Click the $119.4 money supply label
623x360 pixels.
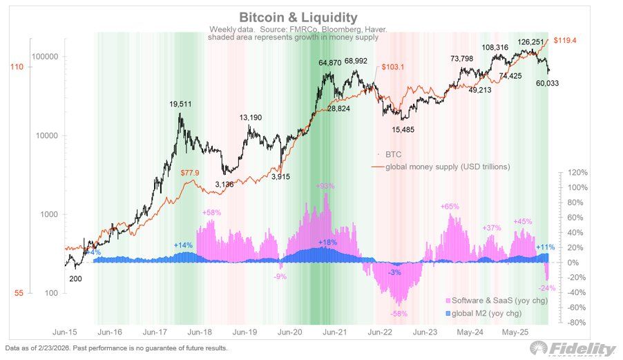565,41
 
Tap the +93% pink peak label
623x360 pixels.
325,187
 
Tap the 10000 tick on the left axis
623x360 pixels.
50,136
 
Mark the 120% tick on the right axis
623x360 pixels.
577,173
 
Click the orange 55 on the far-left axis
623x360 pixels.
19,293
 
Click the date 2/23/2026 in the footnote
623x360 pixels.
51,348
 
